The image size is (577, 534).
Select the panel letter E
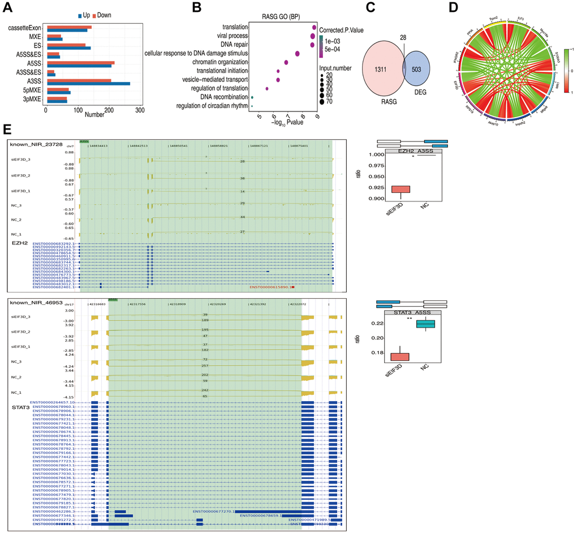[x=6, y=130]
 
